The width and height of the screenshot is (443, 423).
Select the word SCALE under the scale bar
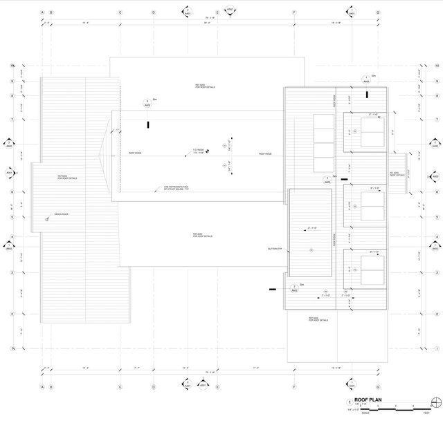(x=365, y=413)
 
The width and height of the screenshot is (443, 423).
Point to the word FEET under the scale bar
(x=427, y=413)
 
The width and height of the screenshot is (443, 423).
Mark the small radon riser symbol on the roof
(x=47, y=219)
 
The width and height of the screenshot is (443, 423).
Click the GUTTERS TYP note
(x=275, y=248)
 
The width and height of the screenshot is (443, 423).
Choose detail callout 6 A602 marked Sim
(x=147, y=103)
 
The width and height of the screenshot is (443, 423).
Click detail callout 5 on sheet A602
(x=327, y=179)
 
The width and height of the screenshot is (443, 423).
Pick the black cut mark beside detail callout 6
(x=147, y=125)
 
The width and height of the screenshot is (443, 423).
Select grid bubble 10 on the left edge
(x=12, y=66)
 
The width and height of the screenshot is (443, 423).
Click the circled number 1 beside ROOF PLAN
(x=349, y=402)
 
